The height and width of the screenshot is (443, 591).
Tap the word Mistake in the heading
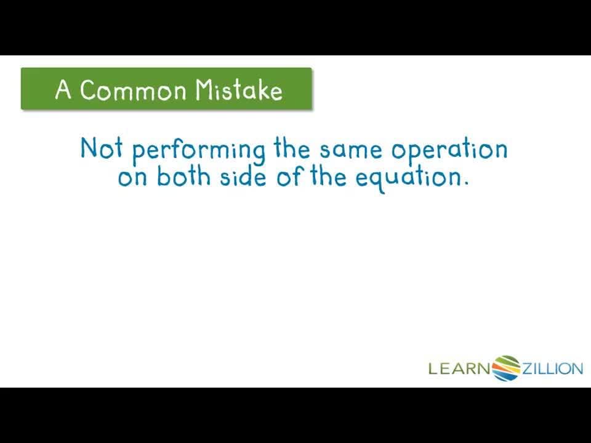(x=239, y=90)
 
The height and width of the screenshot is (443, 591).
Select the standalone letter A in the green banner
(x=63, y=90)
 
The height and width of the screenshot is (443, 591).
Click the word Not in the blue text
(x=102, y=148)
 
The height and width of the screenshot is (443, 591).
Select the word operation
(x=450, y=151)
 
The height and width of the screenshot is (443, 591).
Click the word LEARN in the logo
(x=459, y=369)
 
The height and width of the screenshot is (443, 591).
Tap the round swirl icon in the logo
(x=506, y=368)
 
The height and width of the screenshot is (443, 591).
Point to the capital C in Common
(x=90, y=90)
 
